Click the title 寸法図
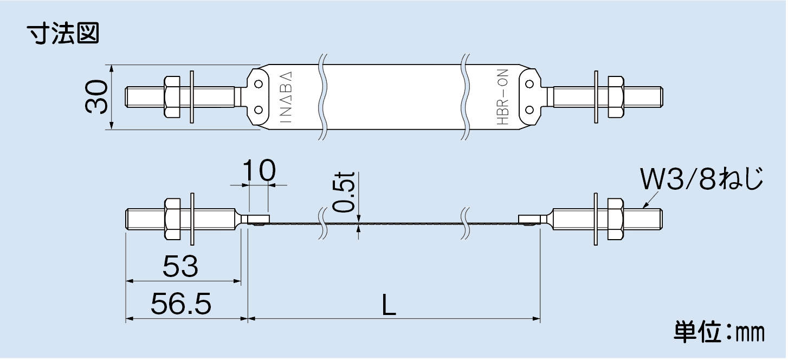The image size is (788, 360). click(x=64, y=34)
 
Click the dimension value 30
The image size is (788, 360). click(x=96, y=97)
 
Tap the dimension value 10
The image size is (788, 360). click(x=259, y=171)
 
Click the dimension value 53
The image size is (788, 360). click(x=181, y=267)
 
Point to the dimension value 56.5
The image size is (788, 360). click(x=181, y=305)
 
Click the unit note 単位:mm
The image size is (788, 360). click(x=719, y=332)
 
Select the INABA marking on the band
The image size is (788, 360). click(x=288, y=98)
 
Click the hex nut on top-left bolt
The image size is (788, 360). click(x=171, y=97)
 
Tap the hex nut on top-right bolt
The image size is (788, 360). click(x=616, y=97)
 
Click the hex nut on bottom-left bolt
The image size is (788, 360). click(x=171, y=220)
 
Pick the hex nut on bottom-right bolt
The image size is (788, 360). click(x=616, y=220)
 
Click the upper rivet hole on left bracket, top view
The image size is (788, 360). click(x=259, y=84)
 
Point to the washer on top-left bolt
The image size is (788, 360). click(x=192, y=97)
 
